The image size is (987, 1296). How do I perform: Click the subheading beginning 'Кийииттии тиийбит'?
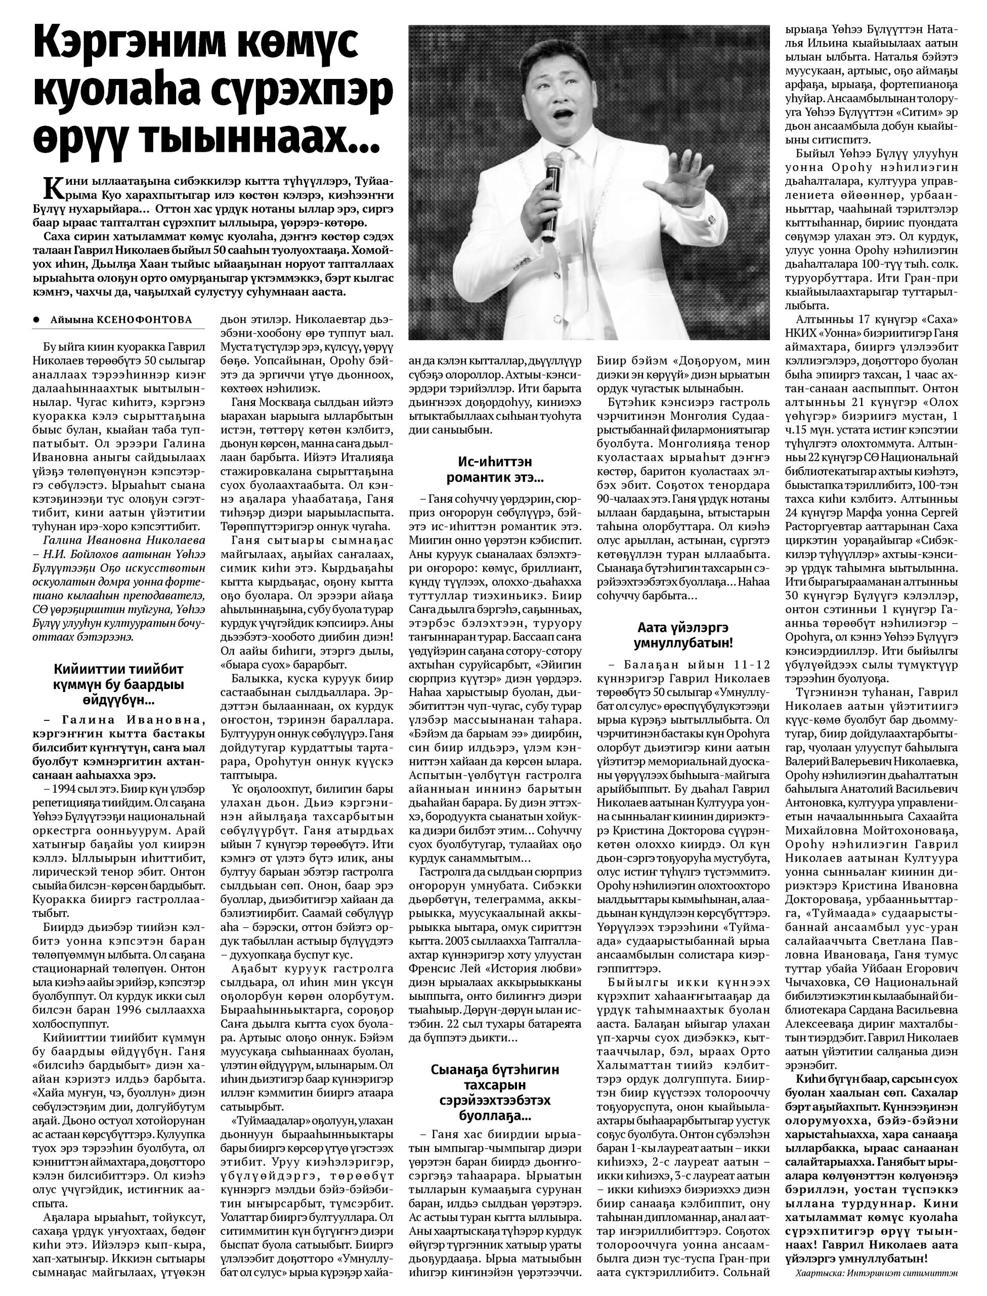119,685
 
